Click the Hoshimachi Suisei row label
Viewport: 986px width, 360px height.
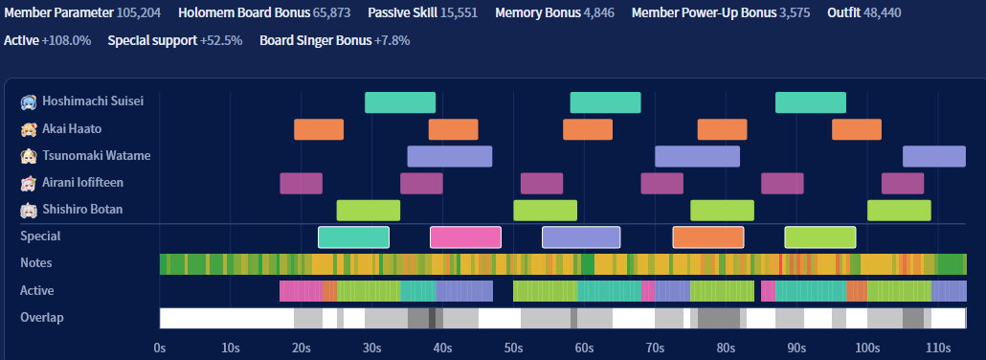pyautogui.click(x=93, y=101)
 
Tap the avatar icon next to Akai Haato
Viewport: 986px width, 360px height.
pyautogui.click(x=29, y=129)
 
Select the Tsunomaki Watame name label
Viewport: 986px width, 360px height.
pyautogui.click(x=97, y=155)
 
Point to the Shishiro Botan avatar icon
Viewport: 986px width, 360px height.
pyautogui.click(x=29, y=210)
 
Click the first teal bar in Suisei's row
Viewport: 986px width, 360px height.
pyautogui.click(x=400, y=102)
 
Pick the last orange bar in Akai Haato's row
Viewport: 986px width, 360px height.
pyautogui.click(x=857, y=129)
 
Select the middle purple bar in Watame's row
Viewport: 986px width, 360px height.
pyautogui.click(x=697, y=156)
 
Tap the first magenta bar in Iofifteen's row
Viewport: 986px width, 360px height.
pyautogui.click(x=302, y=183)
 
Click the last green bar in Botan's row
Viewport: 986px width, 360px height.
pyautogui.click(x=899, y=211)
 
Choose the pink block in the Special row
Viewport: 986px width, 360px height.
pyautogui.click(x=465, y=237)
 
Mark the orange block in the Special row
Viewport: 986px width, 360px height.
pyautogui.click(x=708, y=237)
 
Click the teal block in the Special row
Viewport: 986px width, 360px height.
pyautogui.click(x=353, y=237)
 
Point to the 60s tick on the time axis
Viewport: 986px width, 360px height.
pyautogui.click(x=584, y=348)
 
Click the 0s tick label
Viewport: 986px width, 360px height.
pyautogui.click(x=160, y=348)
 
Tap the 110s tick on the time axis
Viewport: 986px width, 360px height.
pyautogui.click(x=938, y=348)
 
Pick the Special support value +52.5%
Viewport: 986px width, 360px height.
pyautogui.click(x=221, y=41)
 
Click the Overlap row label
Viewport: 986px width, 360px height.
pyautogui.click(x=42, y=317)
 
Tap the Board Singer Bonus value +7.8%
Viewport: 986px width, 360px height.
pyautogui.click(x=392, y=41)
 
